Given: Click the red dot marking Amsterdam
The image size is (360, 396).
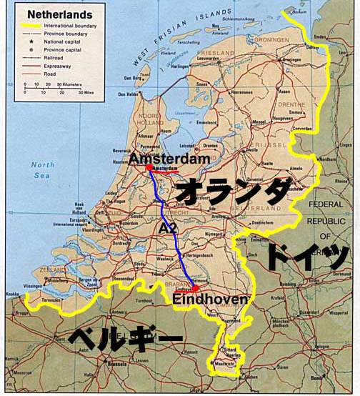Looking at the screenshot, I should click(149, 167).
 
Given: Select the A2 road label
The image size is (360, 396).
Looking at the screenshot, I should click(167, 228).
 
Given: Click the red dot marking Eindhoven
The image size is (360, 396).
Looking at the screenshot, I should click(195, 289).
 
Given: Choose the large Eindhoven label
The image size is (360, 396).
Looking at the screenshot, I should click(210, 301).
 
